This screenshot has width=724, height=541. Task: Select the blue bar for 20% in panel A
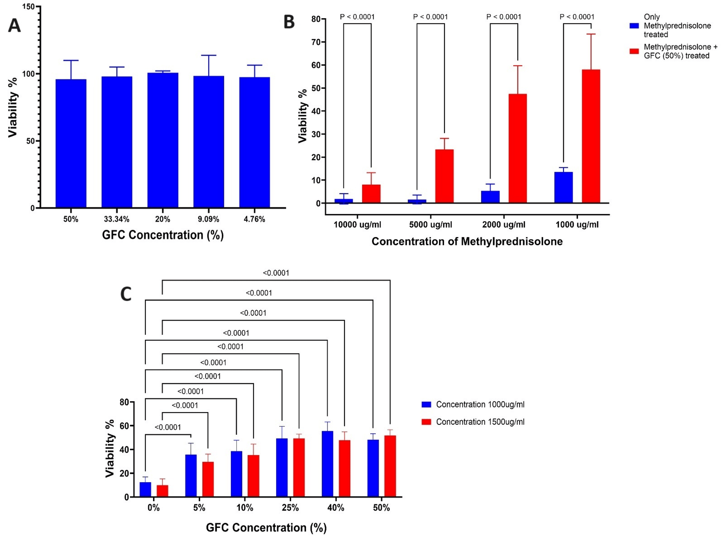click(163, 141)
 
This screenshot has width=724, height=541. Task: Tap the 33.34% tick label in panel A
click(117, 219)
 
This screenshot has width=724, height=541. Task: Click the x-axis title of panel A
click(163, 235)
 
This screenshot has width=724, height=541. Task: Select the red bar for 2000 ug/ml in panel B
click(517, 149)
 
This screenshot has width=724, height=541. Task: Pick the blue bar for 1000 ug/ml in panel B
click(563, 187)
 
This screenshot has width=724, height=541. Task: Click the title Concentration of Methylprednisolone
click(467, 241)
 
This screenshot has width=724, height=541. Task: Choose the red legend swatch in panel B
click(634, 51)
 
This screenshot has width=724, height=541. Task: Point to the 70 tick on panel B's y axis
click(316, 42)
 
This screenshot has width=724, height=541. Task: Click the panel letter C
click(126, 294)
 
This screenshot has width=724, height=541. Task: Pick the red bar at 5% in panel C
click(208, 479)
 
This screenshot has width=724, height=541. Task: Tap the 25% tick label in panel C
click(290, 508)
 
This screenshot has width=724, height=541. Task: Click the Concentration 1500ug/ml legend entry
click(480, 422)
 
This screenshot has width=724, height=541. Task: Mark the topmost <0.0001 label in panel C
click(276, 273)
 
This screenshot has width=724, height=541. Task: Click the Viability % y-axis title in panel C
click(110, 448)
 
